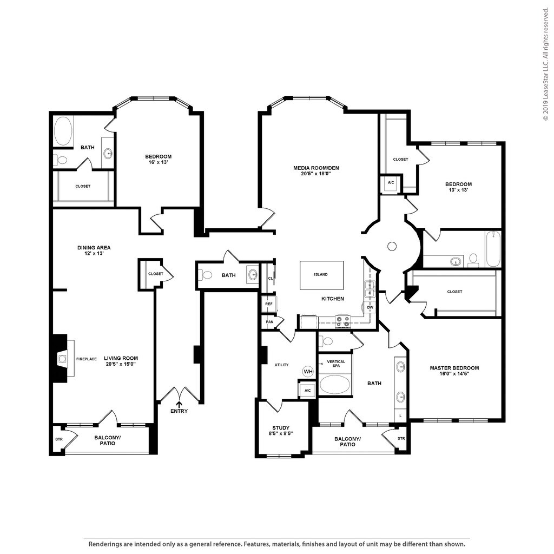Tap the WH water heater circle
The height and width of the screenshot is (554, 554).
308,371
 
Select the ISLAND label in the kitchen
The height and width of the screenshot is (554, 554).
321,274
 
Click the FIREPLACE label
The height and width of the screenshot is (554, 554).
87,359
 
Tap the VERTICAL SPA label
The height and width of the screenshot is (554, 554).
336,364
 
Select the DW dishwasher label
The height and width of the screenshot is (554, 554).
370,307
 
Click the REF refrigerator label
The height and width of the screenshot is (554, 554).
269,304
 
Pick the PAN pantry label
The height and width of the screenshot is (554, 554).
269,322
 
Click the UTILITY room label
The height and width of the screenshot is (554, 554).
281,365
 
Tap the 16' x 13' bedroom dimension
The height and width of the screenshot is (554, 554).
158,162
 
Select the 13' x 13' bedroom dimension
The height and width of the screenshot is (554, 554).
459,190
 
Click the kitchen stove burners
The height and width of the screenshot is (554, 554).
342,321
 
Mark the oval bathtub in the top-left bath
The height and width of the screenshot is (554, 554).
63,131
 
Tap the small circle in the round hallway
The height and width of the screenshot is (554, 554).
392,246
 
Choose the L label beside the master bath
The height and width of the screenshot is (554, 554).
400,416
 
